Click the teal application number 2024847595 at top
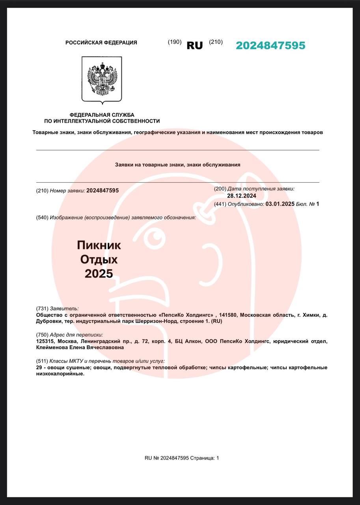(270, 45)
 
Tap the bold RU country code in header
(194, 45)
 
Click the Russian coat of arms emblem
(102, 79)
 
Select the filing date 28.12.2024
(241, 196)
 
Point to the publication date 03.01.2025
(280, 204)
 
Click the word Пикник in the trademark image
(99, 245)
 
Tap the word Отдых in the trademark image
(99, 259)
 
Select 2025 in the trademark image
(99, 273)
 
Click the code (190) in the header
(175, 42)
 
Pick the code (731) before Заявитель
(42, 309)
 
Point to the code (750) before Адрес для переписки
(42, 335)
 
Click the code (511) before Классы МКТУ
(42, 361)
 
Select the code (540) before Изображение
(42, 217)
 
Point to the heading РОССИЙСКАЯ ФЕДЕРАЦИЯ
(101, 43)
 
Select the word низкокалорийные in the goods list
(60, 374)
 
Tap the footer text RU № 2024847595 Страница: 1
(181, 458)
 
